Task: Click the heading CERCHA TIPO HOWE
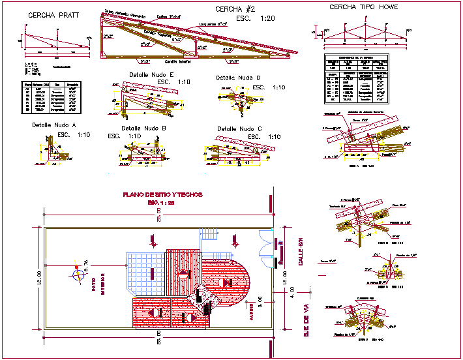coord(363,7)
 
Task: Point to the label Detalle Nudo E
coord(151,75)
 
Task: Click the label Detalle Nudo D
coord(238,78)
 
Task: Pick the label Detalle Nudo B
coord(144,128)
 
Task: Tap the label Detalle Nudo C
coord(239,128)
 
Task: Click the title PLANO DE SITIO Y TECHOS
coord(163,194)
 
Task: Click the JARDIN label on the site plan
coord(250,313)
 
